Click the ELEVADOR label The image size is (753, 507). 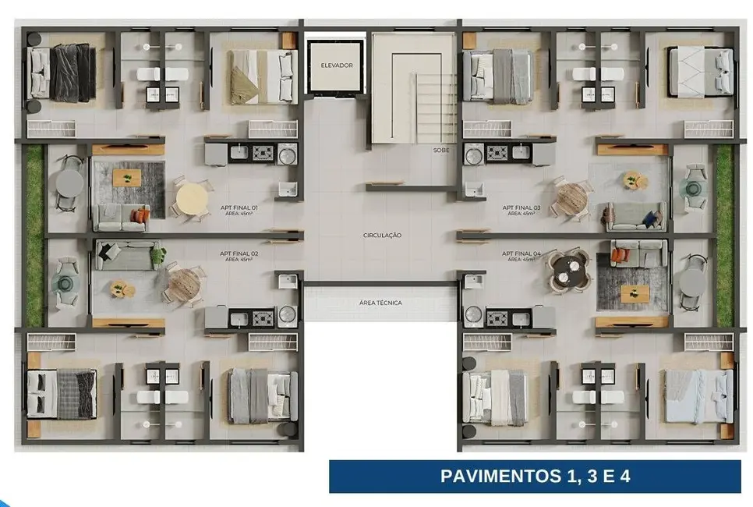[x=337, y=66]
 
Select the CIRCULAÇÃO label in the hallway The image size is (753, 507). [x=382, y=235]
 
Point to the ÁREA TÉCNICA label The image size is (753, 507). [x=381, y=303]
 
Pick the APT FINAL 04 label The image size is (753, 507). [x=521, y=254]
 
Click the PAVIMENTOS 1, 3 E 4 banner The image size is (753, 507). [x=535, y=476]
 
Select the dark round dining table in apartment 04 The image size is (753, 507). [x=567, y=270]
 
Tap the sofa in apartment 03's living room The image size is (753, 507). [x=635, y=218]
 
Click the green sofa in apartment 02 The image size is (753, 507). [x=128, y=253]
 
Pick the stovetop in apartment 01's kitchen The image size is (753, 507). [x=262, y=153]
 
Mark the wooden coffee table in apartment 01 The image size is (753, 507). [x=126, y=178]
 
